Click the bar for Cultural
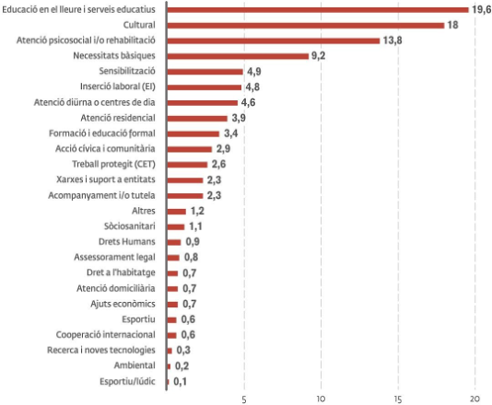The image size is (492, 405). tap(306, 26)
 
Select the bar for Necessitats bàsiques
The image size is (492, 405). tap(238, 56)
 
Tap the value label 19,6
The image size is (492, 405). tap(481, 10)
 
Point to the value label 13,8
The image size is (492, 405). tap(392, 40)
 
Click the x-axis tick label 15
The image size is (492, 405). tap(398, 399)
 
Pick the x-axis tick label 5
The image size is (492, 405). tap(244, 399)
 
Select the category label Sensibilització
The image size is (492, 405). tap(127, 71)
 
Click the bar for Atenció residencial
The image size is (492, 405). tap(197, 118)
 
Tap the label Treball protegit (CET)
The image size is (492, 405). tap(113, 164)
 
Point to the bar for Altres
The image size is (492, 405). tap(176, 212)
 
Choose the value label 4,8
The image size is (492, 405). tap(252, 87)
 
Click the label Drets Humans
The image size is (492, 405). tap(127, 241)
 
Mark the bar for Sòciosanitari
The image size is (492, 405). tap(176, 226)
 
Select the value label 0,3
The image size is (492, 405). tap(183, 350)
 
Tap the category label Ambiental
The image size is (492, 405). tap(135, 365)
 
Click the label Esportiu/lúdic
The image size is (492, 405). tap(127, 381)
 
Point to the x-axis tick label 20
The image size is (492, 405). tap(474, 399)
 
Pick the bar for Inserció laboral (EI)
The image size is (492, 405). tap(205, 87)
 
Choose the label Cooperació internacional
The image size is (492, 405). tap(105, 334)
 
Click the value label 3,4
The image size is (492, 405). tap(230, 133)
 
